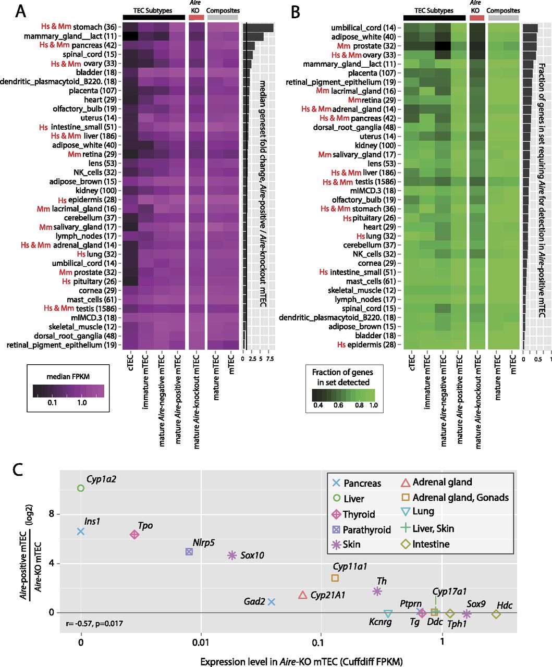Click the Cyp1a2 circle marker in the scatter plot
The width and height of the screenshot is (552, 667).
pos(81,488)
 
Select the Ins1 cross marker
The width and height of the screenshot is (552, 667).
pos(81,531)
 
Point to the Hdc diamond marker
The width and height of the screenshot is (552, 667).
pos(496,614)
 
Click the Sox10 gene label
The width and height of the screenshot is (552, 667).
pos(252,555)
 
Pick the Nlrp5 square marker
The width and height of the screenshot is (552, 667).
pos(189,551)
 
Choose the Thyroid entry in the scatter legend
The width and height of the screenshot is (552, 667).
pos(359,514)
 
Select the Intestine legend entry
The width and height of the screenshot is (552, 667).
pos(431,544)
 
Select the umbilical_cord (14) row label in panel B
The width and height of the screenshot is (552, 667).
pos(363,28)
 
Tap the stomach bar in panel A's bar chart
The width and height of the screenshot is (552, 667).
pos(259,28)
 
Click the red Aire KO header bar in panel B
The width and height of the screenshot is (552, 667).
pos(476,18)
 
